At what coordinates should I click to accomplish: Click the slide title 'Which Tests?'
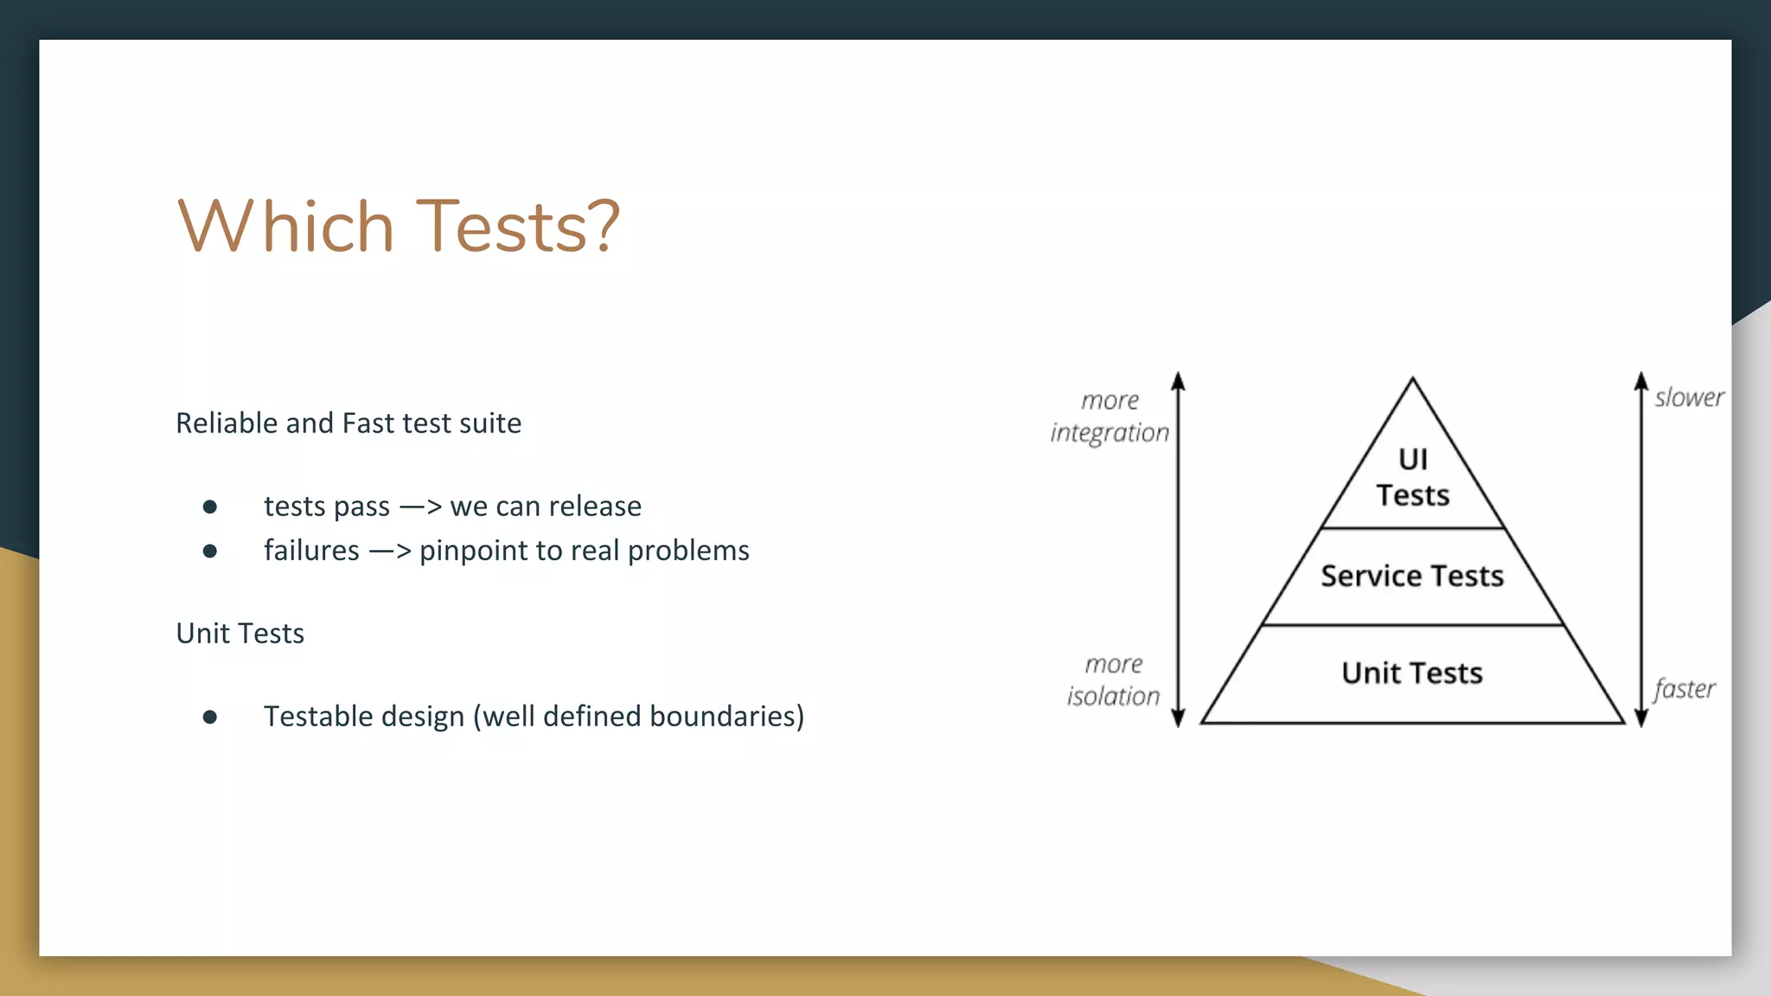point(398,226)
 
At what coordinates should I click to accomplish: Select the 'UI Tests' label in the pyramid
point(1412,477)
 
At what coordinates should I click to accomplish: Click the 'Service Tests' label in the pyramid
point(1412,576)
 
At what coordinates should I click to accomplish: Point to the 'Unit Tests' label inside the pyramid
point(1412,673)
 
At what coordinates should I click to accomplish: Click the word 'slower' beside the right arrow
point(1689,398)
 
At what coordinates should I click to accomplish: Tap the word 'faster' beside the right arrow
point(1684,689)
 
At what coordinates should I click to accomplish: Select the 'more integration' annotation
point(1109,417)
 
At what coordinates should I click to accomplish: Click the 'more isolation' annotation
point(1113,680)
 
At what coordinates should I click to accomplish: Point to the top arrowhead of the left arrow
point(1178,381)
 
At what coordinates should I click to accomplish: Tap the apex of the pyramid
point(1412,380)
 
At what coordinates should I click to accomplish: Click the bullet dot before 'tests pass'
point(209,507)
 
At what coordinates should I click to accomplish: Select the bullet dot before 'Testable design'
point(209,717)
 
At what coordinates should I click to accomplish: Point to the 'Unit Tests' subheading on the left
point(240,633)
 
